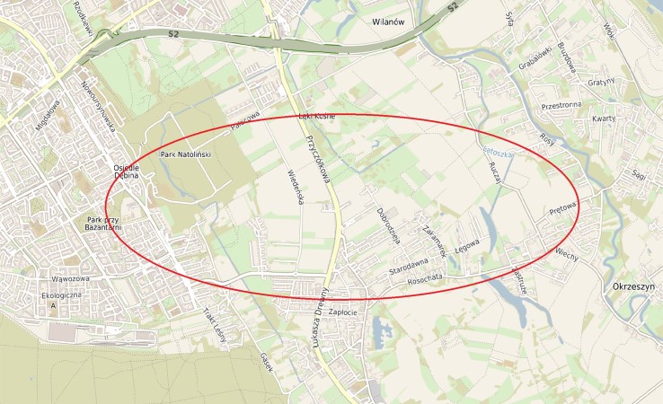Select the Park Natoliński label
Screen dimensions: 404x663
click(184, 155)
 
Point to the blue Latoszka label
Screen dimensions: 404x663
click(497, 154)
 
